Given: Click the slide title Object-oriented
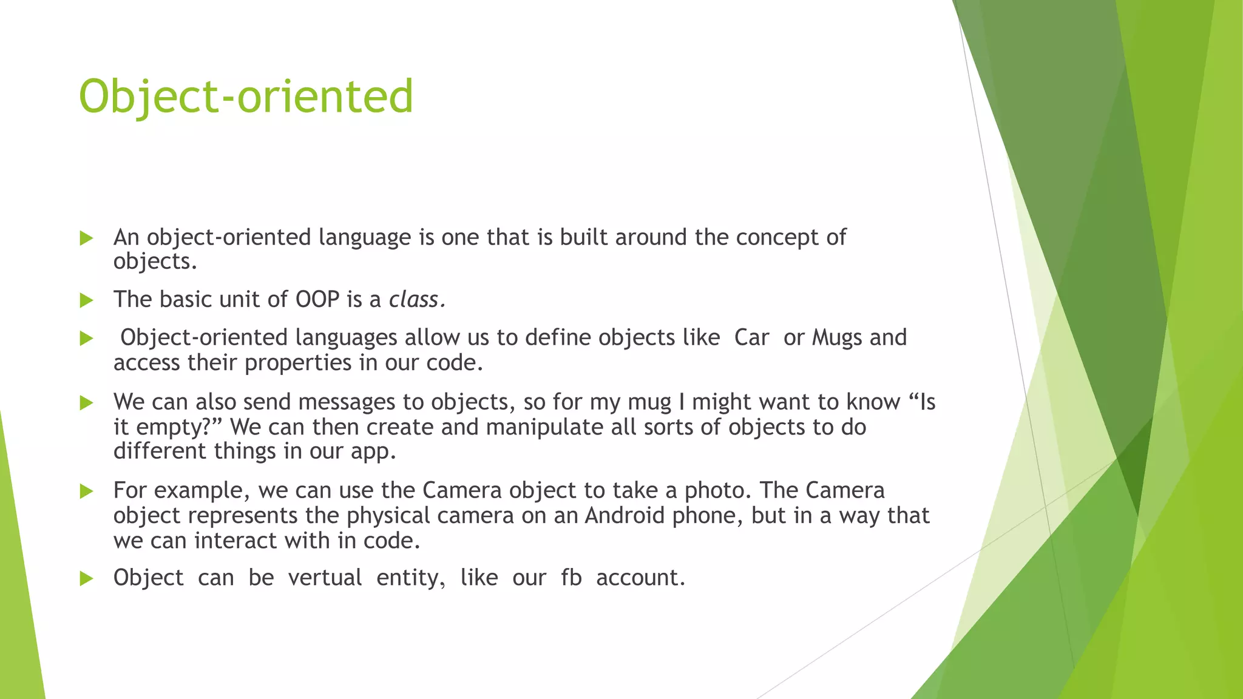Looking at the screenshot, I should [x=246, y=97].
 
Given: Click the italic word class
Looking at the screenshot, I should [x=416, y=299].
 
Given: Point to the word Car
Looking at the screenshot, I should [x=751, y=337].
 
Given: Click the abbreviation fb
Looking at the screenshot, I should [x=571, y=578].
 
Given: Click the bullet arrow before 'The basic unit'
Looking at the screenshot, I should [x=86, y=300].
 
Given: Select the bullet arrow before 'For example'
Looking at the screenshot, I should [x=86, y=491].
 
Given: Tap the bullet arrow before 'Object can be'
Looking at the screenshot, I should [x=86, y=578].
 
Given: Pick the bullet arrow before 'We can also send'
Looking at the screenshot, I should [x=86, y=402].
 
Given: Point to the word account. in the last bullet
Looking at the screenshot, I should [x=640, y=578].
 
